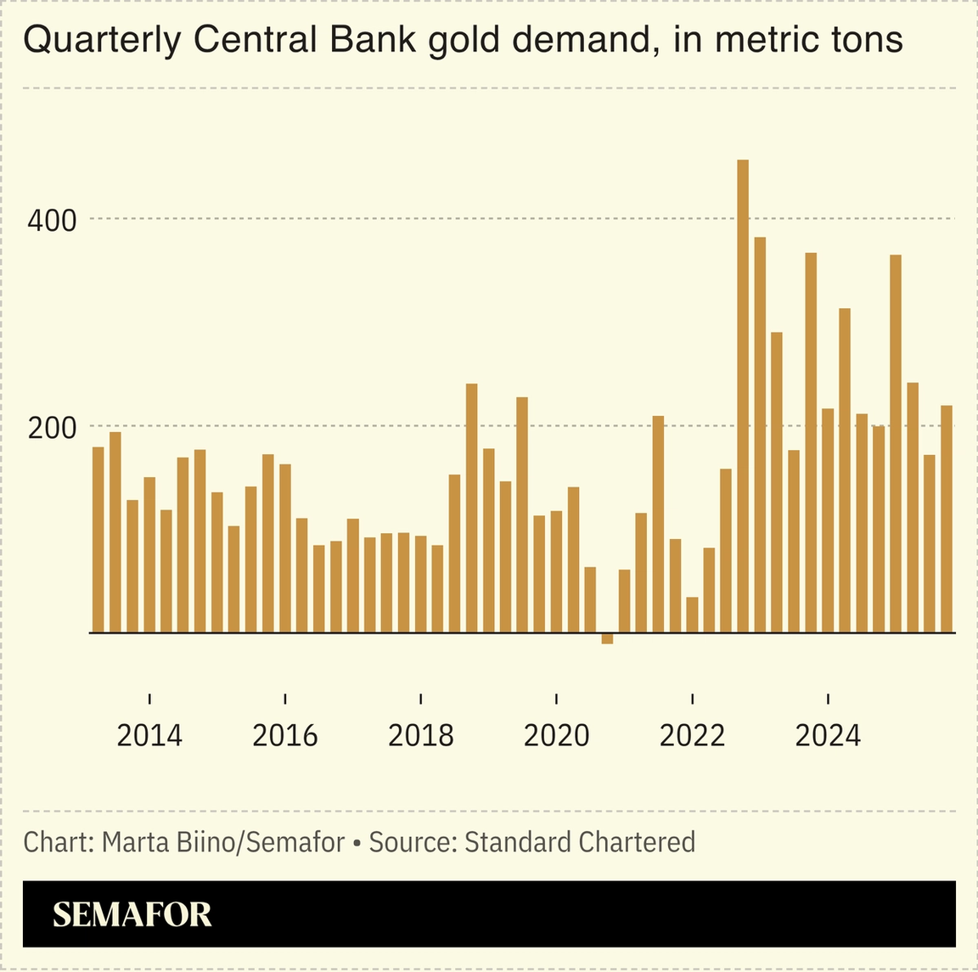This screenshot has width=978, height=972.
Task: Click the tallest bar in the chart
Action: pyautogui.click(x=743, y=395)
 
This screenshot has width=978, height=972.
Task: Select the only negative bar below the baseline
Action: pyautogui.click(x=607, y=638)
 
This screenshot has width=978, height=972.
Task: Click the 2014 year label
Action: pyautogui.click(x=149, y=734)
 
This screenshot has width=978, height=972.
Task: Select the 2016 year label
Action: pyautogui.click(x=285, y=734)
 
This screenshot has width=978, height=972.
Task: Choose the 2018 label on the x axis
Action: pyautogui.click(x=421, y=734)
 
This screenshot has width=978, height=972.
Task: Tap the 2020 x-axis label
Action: pyautogui.click(x=556, y=734)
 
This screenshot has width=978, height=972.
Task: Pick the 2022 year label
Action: pyautogui.click(x=692, y=734)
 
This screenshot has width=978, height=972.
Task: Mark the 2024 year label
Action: pyautogui.click(x=828, y=734)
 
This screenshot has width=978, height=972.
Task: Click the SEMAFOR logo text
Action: pyautogui.click(x=132, y=914)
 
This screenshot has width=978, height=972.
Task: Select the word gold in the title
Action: pyautogui.click(x=462, y=40)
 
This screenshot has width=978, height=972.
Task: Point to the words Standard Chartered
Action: pyautogui.click(x=580, y=842)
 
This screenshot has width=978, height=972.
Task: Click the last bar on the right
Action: pyautogui.click(x=947, y=519)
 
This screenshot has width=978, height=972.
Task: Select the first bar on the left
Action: pyautogui.click(x=98, y=539)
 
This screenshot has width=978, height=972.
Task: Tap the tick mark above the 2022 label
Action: pyautogui.click(x=693, y=699)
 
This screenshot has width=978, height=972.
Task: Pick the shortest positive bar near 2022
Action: pyautogui.click(x=692, y=615)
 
